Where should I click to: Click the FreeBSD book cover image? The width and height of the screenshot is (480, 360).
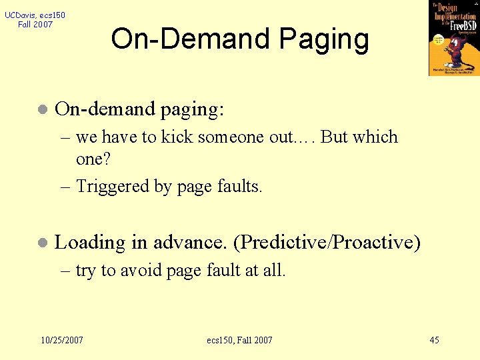point(453,37)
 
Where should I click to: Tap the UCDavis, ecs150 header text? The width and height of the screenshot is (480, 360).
point(35,15)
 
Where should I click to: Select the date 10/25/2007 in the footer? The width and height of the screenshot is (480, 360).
point(62,340)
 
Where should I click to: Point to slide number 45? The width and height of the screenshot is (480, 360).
point(434,340)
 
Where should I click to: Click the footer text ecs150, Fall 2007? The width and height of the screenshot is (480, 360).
point(239,340)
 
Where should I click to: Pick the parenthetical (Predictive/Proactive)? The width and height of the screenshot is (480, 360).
point(327,243)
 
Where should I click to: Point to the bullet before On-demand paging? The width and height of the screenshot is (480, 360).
point(42,109)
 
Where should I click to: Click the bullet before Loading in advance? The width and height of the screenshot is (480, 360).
point(42,243)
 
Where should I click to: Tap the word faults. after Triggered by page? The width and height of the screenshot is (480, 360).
point(240,187)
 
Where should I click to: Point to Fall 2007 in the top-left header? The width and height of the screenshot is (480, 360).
point(35,25)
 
